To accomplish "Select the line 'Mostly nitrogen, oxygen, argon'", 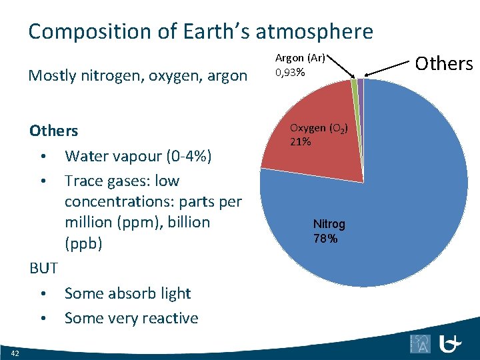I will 137,76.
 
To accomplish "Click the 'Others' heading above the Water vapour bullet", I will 53,131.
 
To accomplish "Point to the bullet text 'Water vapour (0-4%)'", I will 138,156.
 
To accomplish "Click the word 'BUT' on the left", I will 43,269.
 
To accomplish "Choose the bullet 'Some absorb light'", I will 127,293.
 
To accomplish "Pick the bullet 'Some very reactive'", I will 131,318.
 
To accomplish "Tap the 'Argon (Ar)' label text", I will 300,58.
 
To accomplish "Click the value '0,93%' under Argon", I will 290,72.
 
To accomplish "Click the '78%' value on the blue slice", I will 325,239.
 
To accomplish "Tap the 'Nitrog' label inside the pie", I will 329,225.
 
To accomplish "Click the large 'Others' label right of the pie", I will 443,63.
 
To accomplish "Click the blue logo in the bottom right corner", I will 451,344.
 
